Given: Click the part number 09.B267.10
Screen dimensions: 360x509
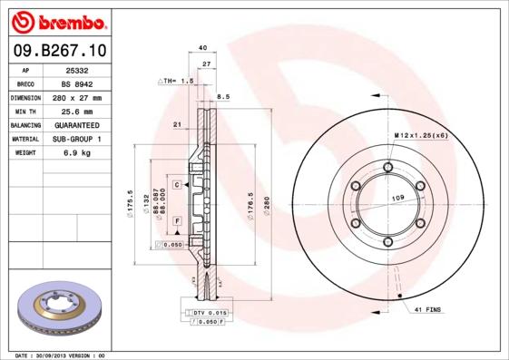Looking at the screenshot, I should [61, 52].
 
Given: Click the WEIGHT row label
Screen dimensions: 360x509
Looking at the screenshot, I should [24, 153].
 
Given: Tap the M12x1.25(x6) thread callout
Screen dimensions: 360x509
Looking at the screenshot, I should [420, 135].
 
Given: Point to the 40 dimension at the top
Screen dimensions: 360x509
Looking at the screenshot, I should [202, 48].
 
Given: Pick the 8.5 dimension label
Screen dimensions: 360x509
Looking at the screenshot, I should [223, 94].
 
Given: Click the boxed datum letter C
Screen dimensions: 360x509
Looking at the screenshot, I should [177, 184].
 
